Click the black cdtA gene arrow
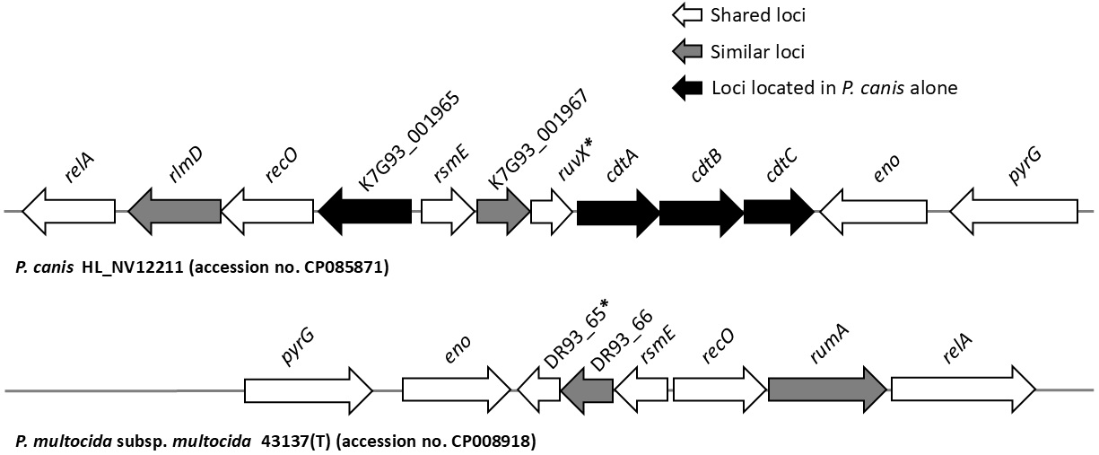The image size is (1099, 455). pyautogui.click(x=617, y=213)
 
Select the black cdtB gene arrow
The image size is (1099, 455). pyautogui.click(x=701, y=213)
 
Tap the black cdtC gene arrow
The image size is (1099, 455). pyautogui.click(x=778, y=213)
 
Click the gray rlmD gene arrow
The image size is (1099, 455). pyautogui.click(x=175, y=213)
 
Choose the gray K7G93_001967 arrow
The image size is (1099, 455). pyautogui.click(x=503, y=213)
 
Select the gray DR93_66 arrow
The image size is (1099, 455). pyautogui.click(x=587, y=389)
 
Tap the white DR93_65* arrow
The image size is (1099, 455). pyautogui.click(x=539, y=389)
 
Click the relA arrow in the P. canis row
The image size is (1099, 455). pyautogui.click(x=68, y=213)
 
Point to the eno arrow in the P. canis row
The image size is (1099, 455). pyautogui.click(x=873, y=213)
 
